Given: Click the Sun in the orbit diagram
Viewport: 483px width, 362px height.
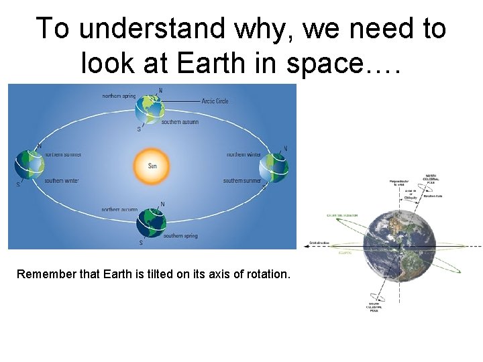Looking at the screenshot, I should pyautogui.click(x=152, y=166).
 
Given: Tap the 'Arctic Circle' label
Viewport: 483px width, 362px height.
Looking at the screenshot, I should pyautogui.click(x=215, y=101).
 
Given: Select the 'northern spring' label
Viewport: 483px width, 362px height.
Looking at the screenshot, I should pyautogui.click(x=118, y=96).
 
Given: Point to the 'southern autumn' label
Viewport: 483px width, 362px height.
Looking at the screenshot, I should pyautogui.click(x=179, y=122).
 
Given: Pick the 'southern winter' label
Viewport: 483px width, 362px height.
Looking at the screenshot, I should pyautogui.click(x=62, y=181).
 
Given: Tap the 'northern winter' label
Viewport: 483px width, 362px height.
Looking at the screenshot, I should pyautogui.click(x=244, y=154).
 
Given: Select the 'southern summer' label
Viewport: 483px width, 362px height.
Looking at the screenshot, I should pyautogui.click(x=242, y=181).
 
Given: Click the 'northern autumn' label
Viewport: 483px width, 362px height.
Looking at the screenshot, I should pyautogui.click(x=119, y=210).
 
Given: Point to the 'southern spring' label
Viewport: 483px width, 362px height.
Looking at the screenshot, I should pyautogui.click(x=180, y=236).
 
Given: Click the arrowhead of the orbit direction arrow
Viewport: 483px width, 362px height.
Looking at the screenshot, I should pyautogui.click(x=306, y=246).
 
